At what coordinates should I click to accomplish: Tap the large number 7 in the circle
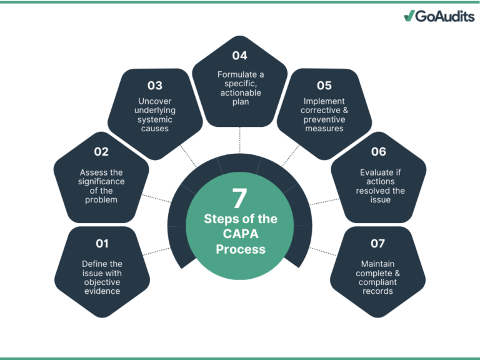[239, 198]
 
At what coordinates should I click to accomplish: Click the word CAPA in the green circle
[240, 234]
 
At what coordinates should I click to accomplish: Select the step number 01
[102, 243]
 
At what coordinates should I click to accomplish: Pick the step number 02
[101, 151]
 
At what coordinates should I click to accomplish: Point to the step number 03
[155, 85]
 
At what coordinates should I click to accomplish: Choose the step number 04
[240, 56]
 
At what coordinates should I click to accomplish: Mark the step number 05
[324, 85]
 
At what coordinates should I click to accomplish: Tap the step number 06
[378, 151]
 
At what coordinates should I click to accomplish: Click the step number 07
[377, 243]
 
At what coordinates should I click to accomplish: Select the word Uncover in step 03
[156, 101]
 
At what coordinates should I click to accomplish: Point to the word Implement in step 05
[324, 101]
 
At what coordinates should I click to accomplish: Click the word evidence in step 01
[102, 291]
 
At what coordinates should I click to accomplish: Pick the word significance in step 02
[102, 182]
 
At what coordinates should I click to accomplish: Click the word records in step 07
[377, 291]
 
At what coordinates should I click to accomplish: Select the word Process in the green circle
[240, 249]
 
